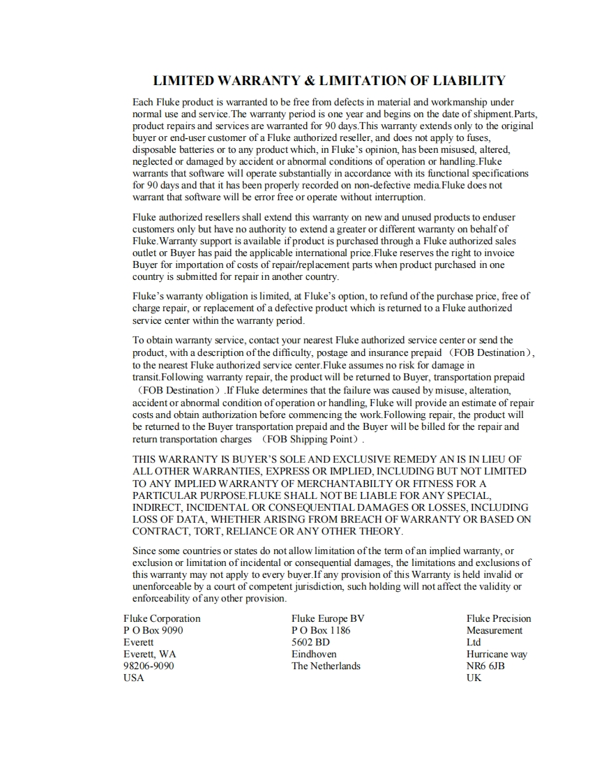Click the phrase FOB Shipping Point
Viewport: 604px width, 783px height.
(308, 439)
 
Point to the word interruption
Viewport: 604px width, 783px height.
(396, 197)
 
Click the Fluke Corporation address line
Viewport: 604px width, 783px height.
(162, 618)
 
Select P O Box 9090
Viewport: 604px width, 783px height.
(153, 630)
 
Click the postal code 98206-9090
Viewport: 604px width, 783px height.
(149, 666)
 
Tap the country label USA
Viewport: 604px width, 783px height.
(133, 678)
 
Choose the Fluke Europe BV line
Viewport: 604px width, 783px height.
(328, 618)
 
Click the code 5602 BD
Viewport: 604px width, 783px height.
(310, 642)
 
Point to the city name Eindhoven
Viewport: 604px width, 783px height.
(314, 654)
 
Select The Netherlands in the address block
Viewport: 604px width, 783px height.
(326, 666)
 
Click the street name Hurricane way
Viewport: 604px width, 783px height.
(497, 654)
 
